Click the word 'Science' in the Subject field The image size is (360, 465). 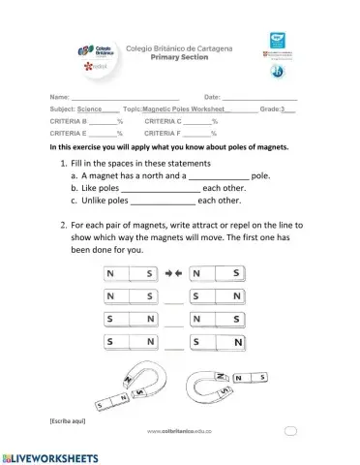coord(97,110)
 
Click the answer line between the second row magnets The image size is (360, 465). coord(174,301)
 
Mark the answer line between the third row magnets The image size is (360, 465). coord(174,325)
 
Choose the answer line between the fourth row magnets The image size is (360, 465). coord(174,347)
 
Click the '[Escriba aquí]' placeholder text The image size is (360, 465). coord(66,421)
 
